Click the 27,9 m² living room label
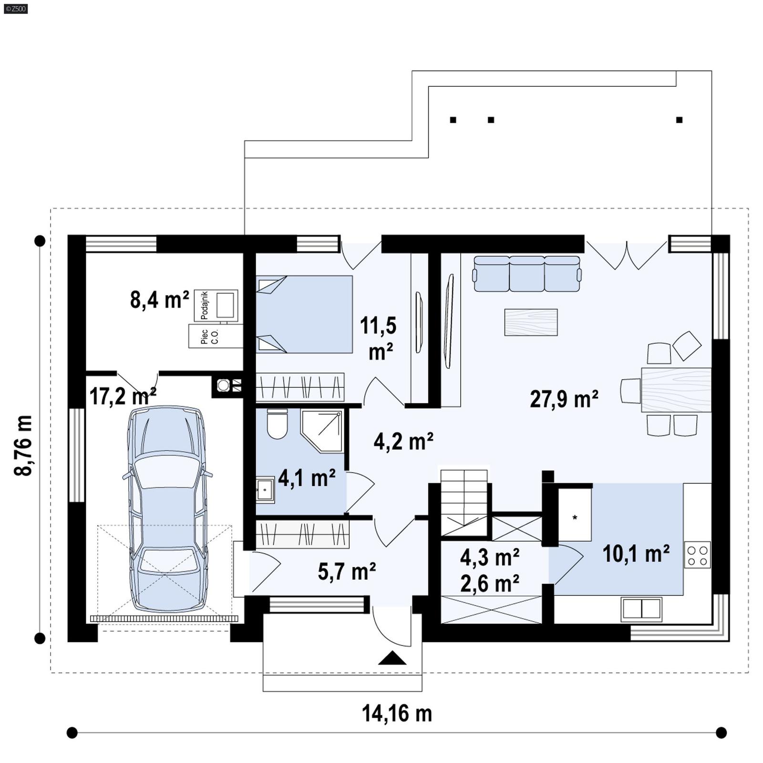[564, 399]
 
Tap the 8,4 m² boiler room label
[159, 300]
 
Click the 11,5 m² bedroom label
[378, 338]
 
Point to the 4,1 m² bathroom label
[307, 478]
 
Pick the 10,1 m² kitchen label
[636, 554]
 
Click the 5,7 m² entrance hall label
[347, 571]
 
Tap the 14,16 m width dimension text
[397, 714]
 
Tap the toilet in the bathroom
[277, 424]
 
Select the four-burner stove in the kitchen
[697, 555]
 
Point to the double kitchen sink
[641, 609]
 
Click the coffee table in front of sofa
[531, 322]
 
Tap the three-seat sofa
[526, 274]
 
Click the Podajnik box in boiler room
[216, 305]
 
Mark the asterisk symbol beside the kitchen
[575, 518]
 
